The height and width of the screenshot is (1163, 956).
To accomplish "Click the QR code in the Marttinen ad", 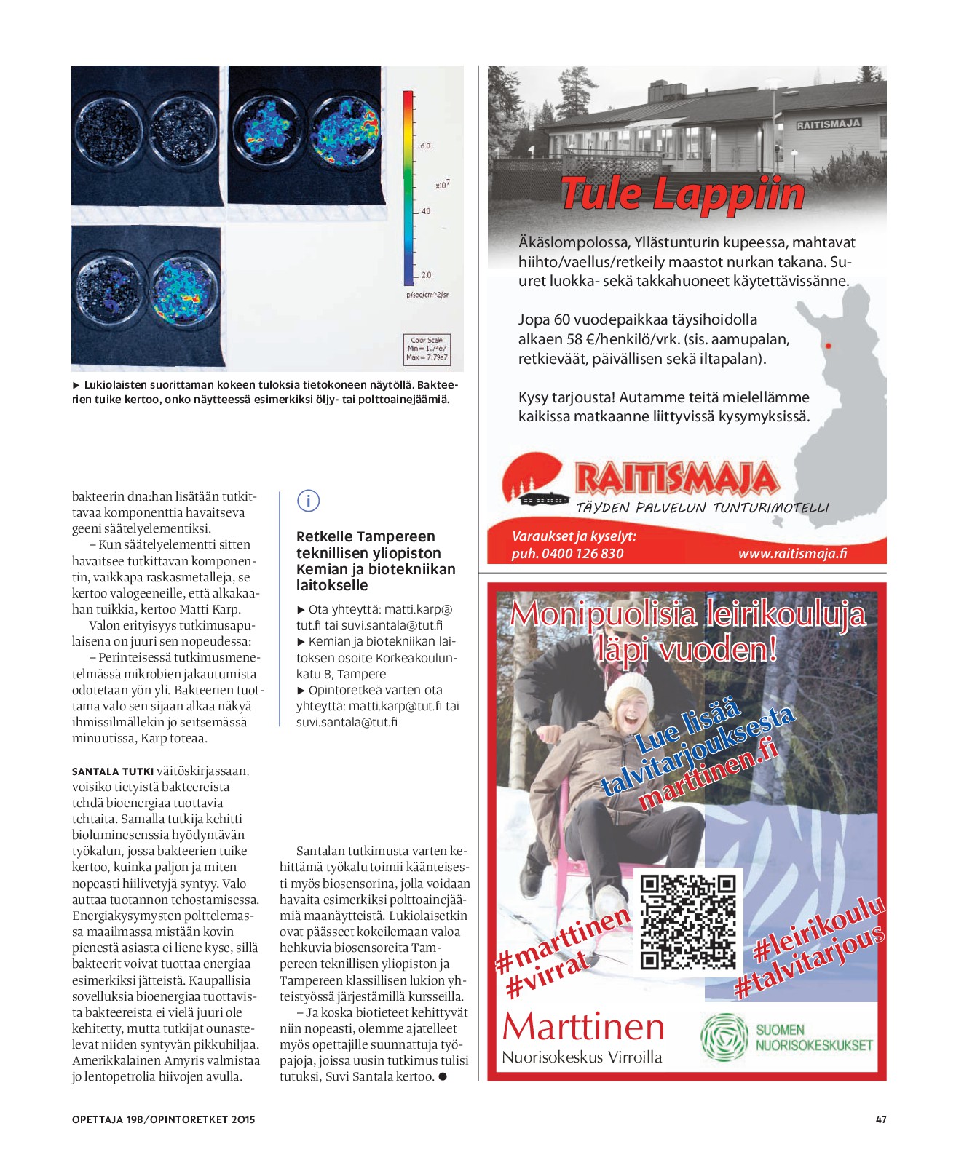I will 688,921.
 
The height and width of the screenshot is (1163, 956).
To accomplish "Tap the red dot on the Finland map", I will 828,346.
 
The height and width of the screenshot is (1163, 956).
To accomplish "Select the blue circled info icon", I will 309,501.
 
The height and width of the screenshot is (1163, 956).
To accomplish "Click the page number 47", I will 881,1119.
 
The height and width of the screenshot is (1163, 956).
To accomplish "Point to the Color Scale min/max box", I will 427,349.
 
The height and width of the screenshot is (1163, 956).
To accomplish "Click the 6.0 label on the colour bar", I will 425,146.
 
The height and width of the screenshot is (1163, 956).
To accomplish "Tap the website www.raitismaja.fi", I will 792,553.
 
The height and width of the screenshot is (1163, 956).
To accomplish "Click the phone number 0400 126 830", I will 582,553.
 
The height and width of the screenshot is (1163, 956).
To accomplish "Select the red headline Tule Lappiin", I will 682,194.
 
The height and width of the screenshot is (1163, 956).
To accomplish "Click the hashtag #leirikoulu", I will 818,929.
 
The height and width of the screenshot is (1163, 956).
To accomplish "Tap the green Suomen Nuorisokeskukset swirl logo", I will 724,1036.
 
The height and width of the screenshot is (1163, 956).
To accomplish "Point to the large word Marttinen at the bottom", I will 583,1027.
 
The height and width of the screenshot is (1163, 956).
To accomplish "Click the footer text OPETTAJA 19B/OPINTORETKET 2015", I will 163,1119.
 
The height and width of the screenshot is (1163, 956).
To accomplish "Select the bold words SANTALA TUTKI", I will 113,771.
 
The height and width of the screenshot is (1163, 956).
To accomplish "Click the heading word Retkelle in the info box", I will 328,536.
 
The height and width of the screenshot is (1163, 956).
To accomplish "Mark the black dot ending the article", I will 443,1076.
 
